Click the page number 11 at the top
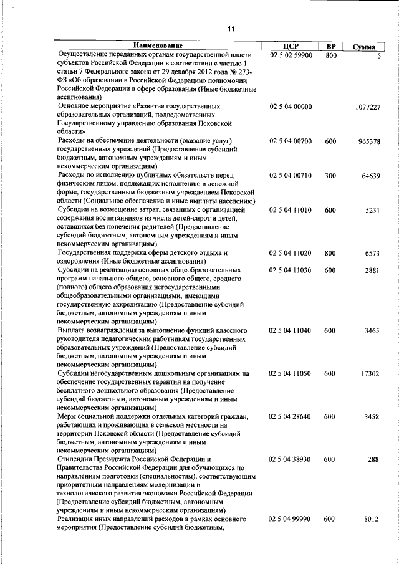(x=231, y=29)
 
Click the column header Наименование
(x=158, y=46)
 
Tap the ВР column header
(x=330, y=46)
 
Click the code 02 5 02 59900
(x=291, y=55)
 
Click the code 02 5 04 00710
(x=291, y=176)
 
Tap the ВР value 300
(x=330, y=176)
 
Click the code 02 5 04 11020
(x=291, y=253)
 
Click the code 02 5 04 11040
(x=291, y=330)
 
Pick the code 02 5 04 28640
(x=291, y=416)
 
